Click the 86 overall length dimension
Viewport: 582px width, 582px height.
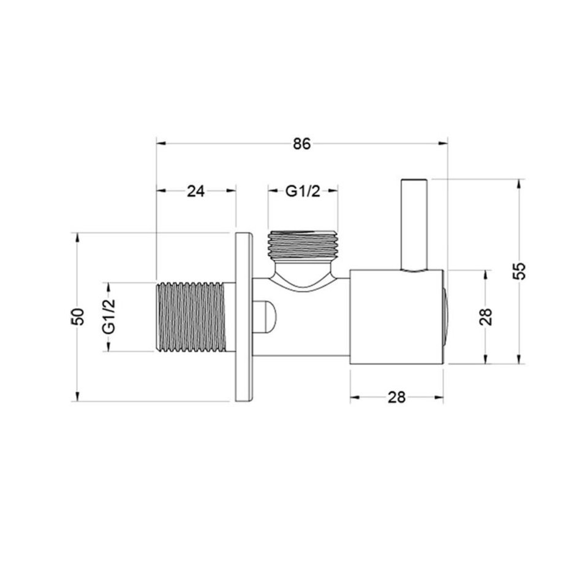[302, 143]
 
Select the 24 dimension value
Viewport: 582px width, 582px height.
[195, 192]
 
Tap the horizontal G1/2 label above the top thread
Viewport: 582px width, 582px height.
[303, 192]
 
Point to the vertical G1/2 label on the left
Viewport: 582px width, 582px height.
[110, 317]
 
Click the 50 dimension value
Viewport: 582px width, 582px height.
[78, 316]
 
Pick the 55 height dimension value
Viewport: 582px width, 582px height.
[520, 271]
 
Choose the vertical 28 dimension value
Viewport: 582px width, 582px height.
[486, 317]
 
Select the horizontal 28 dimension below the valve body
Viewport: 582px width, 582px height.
[396, 398]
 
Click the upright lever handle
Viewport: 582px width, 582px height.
[414, 225]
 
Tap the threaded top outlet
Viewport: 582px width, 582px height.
[303, 244]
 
